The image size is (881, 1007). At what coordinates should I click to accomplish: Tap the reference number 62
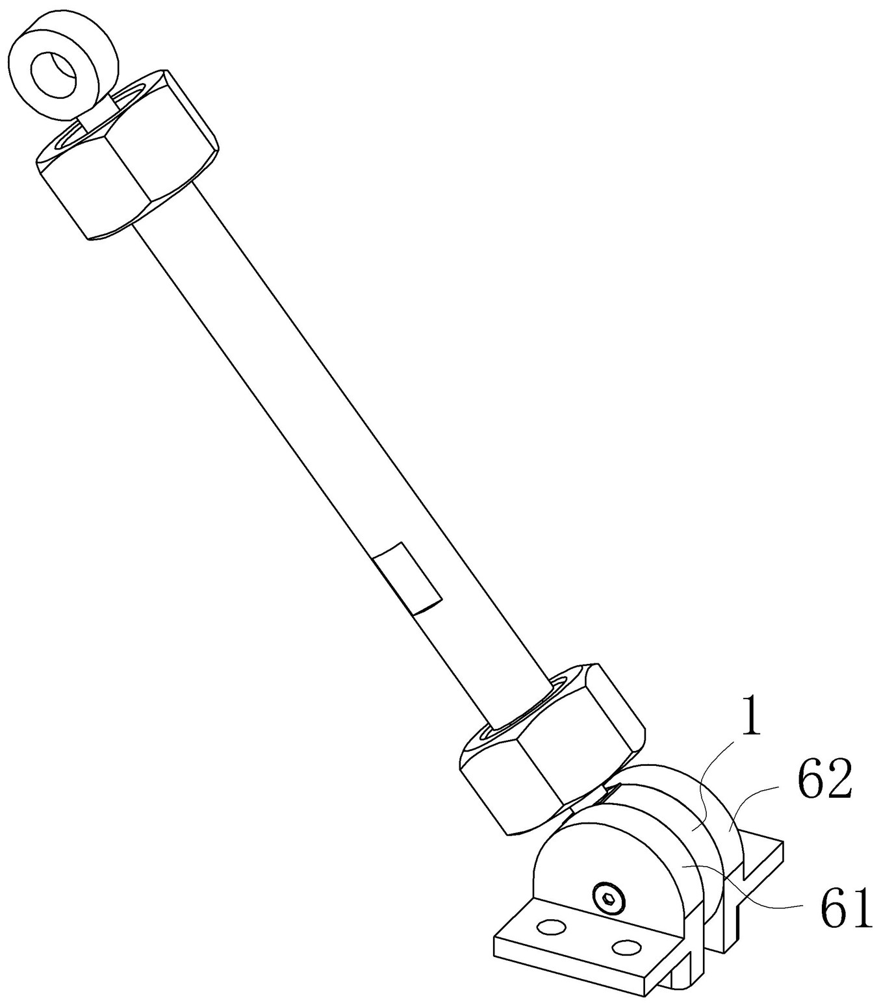824,782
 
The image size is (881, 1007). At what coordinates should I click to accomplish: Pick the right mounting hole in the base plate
627,948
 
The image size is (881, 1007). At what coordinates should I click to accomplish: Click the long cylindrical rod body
325,422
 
